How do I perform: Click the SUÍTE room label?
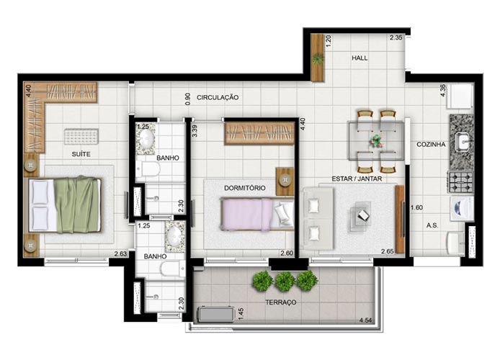(x=81, y=154)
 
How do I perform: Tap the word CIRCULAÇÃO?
(x=218, y=97)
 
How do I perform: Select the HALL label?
(x=360, y=58)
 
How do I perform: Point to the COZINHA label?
(x=431, y=144)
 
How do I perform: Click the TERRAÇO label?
(x=281, y=302)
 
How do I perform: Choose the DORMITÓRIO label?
(x=244, y=188)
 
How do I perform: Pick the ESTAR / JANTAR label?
(x=357, y=179)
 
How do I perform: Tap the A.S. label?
(x=432, y=225)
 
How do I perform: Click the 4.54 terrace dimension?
(x=365, y=320)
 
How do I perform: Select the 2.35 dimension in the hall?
(x=396, y=37)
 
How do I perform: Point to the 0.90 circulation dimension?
(x=188, y=99)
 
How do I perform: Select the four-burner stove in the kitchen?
(x=461, y=182)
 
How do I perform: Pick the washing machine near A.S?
(x=461, y=209)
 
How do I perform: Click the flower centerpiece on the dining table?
(x=377, y=141)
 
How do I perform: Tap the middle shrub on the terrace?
(x=285, y=282)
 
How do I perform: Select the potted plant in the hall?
(x=318, y=59)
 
